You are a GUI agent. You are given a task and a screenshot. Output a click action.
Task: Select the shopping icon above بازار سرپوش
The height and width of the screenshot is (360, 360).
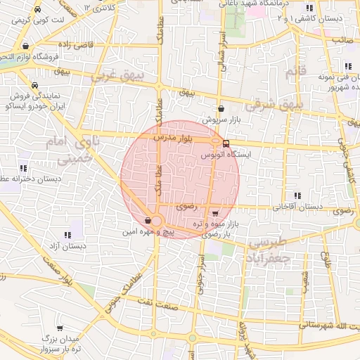coord(222,109)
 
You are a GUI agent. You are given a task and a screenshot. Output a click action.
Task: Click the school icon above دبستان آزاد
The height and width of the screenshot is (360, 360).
coord(67,236)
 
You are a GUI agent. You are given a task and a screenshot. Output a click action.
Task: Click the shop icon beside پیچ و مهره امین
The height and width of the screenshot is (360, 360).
coord(147,221)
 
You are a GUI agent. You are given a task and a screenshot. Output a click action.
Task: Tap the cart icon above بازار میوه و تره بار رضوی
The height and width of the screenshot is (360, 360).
coord(214,214)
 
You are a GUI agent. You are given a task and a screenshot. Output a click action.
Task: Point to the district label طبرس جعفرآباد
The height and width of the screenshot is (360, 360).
coord(269,249)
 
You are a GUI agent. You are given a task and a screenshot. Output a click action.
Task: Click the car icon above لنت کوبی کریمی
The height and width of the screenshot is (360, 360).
coord(37,10)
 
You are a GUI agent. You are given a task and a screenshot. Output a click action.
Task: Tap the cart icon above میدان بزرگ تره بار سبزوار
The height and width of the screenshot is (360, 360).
coord(60,328)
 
